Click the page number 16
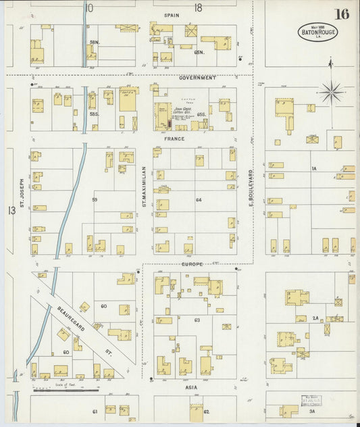341,14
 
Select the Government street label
197,78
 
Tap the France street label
174,138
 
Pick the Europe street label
193,264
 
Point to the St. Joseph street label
22,192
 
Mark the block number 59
95,200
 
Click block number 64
199,200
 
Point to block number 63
197,320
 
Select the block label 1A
313,168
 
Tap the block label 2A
315,318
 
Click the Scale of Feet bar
66,390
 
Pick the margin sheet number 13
11,211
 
